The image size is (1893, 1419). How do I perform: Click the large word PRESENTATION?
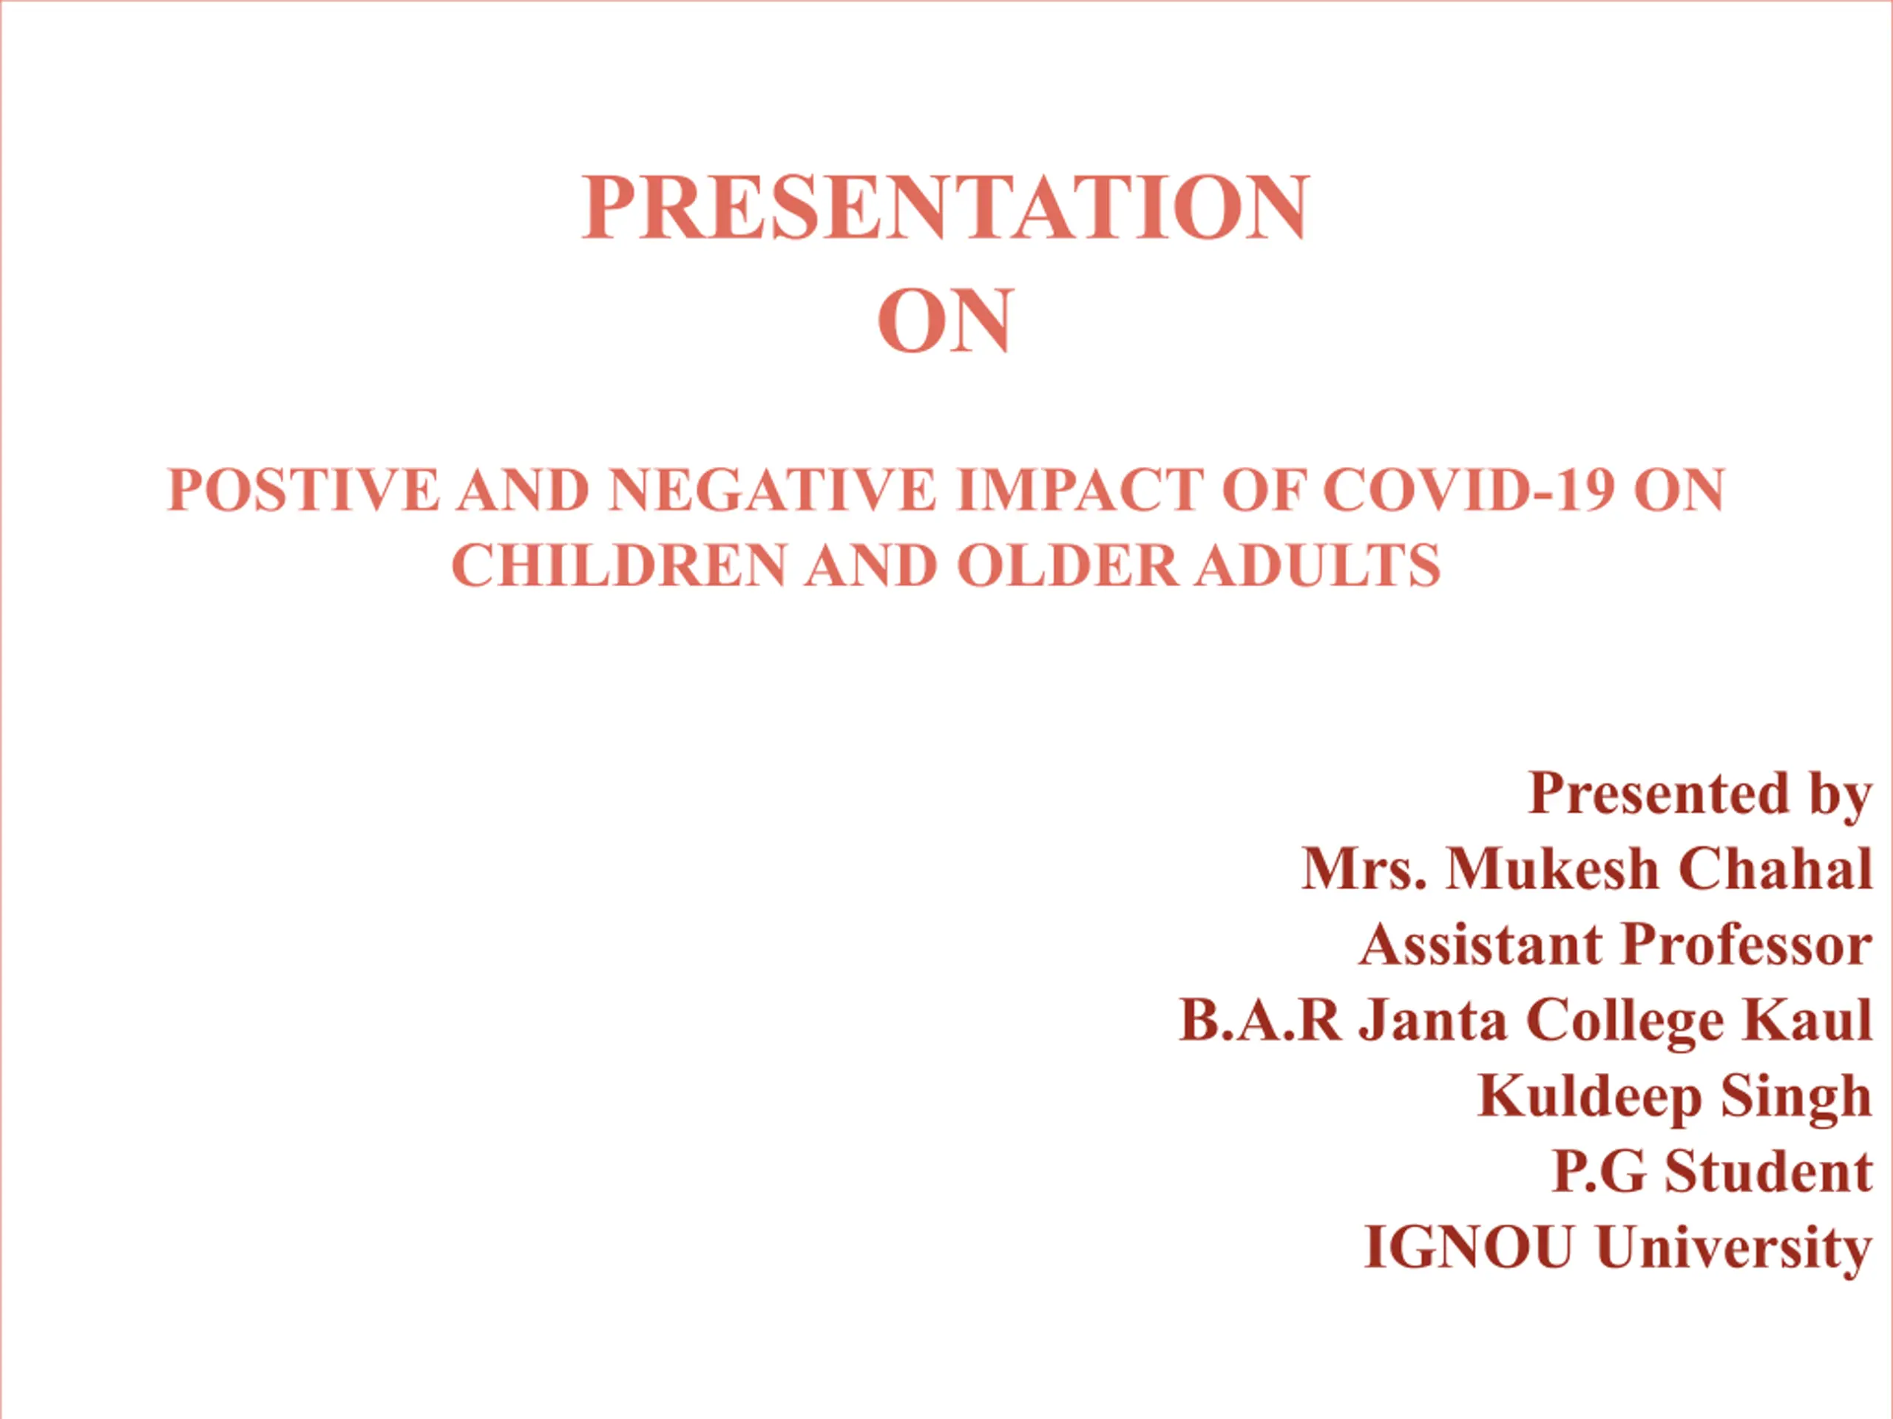(x=946, y=208)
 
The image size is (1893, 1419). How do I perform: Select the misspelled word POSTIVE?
(x=304, y=490)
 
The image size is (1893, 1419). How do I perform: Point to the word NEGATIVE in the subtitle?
(x=773, y=490)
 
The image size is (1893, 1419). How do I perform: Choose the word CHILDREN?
(x=619, y=565)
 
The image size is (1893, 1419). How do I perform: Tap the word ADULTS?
(x=1318, y=565)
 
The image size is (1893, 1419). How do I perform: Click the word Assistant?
(x=1481, y=945)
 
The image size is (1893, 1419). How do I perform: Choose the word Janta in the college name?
(x=1434, y=1020)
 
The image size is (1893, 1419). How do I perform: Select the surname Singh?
(x=1797, y=1098)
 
